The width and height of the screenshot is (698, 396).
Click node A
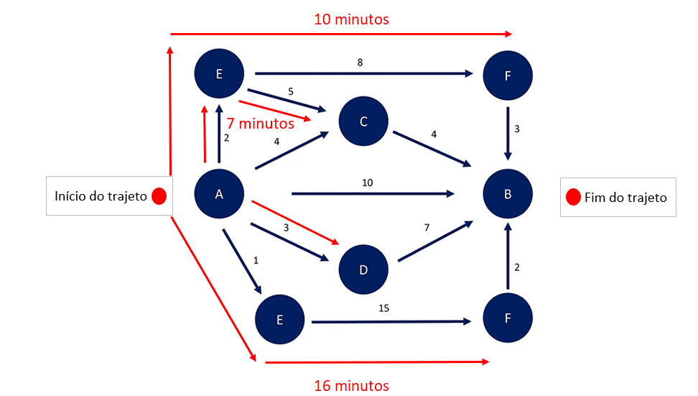220,193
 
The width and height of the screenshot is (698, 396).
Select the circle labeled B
508,193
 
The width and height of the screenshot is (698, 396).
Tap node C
363,121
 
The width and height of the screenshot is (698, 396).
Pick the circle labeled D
363,270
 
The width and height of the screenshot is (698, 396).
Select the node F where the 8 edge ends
508,75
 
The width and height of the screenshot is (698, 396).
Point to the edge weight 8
360,63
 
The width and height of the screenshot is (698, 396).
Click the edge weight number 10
368,183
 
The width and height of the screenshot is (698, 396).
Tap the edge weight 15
385,308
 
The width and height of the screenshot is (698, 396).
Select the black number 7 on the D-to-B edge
427,227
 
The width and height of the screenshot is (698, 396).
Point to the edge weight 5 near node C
292,91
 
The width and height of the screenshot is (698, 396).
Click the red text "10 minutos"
352,19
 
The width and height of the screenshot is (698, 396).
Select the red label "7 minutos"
260,124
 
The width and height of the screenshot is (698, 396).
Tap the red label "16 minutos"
352,386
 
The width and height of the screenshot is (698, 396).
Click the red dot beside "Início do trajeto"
159,196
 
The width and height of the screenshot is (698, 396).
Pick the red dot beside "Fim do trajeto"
573,197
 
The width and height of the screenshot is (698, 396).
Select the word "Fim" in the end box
597,197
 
